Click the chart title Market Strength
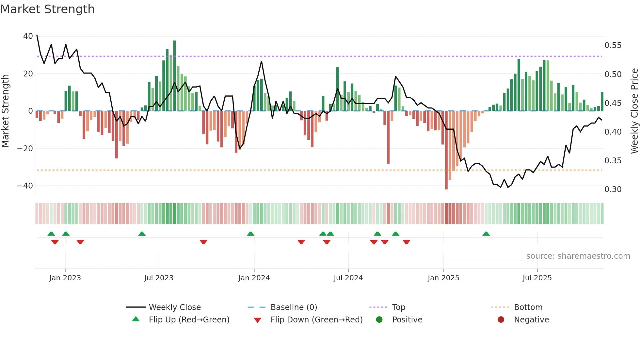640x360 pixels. [47, 9]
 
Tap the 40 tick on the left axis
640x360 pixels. [28, 36]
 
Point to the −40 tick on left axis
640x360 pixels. [25, 186]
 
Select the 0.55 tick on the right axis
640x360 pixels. [613, 45]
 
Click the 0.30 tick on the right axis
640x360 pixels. [613, 189]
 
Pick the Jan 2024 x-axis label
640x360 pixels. [254, 278]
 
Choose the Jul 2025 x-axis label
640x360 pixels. [537, 278]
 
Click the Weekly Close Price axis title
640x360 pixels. [634, 111]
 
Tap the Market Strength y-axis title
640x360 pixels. [6, 111]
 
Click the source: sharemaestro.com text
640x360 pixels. [578, 256]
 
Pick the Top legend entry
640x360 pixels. [398, 307]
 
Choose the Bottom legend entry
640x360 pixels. [528, 307]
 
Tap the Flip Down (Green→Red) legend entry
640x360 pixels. [316, 320]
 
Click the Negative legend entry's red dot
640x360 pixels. [501, 320]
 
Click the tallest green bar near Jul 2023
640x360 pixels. [174, 75]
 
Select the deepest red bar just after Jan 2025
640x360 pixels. [446, 150]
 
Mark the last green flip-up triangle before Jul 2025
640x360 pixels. [486, 234]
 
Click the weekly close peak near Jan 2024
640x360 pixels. [261, 61]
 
